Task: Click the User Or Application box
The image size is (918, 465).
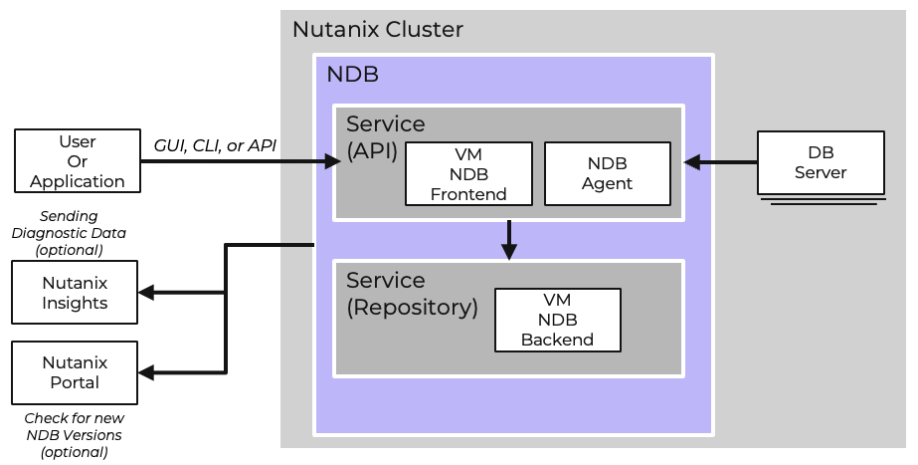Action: point(77,160)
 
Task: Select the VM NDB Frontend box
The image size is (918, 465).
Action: point(468,173)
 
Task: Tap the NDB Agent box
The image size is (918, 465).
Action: point(608,173)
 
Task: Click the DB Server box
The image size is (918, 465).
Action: point(820,161)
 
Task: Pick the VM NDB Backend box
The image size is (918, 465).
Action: point(557,320)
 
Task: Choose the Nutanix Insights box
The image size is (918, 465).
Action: point(75,293)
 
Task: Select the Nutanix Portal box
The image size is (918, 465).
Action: point(75,372)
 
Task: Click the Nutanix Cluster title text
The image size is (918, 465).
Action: point(377,30)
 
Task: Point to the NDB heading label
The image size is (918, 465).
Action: point(352,75)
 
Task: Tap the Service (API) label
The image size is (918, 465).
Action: point(385,137)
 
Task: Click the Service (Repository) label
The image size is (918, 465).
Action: point(412,294)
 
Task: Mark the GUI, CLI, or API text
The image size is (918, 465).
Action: point(215,145)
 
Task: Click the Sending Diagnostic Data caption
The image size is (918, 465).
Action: point(69,232)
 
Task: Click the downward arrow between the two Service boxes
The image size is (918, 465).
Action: point(509,239)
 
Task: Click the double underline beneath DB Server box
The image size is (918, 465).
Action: point(820,200)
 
